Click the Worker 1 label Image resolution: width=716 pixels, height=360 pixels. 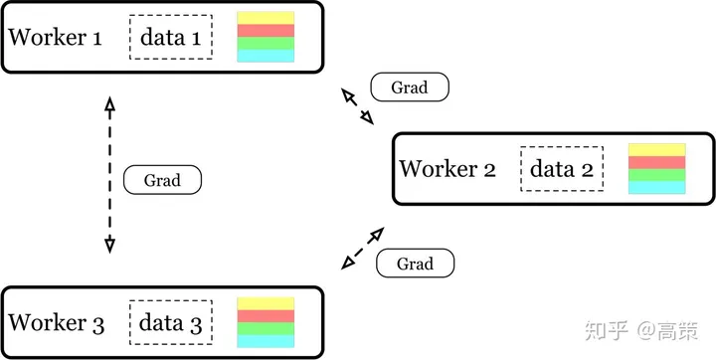(55, 38)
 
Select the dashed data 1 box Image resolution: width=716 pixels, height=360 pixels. (170, 38)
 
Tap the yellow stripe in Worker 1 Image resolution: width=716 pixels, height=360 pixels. (266, 18)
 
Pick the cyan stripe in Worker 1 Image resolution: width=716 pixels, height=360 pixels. (266, 57)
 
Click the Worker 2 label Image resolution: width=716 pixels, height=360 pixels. (447, 169)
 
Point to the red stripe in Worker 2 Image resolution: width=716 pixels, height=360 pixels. (657, 163)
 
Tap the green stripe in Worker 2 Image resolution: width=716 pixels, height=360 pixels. (657, 175)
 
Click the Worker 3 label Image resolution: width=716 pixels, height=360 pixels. (55, 323)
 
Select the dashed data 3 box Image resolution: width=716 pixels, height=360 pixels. (171, 323)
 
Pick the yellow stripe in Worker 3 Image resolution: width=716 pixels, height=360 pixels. (266, 303)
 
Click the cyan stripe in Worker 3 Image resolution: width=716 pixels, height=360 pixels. (266, 341)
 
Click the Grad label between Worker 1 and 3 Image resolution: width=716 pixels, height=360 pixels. (162, 180)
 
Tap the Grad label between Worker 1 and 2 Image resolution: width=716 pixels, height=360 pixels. (410, 87)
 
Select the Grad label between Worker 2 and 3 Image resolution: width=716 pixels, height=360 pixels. (415, 264)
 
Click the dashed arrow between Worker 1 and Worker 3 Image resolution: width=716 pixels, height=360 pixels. (109, 174)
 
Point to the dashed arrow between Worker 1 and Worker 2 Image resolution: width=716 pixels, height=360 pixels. (358, 106)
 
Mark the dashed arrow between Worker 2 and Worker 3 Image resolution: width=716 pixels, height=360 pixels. (362, 249)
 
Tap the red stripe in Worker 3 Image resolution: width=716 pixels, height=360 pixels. (266, 316)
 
